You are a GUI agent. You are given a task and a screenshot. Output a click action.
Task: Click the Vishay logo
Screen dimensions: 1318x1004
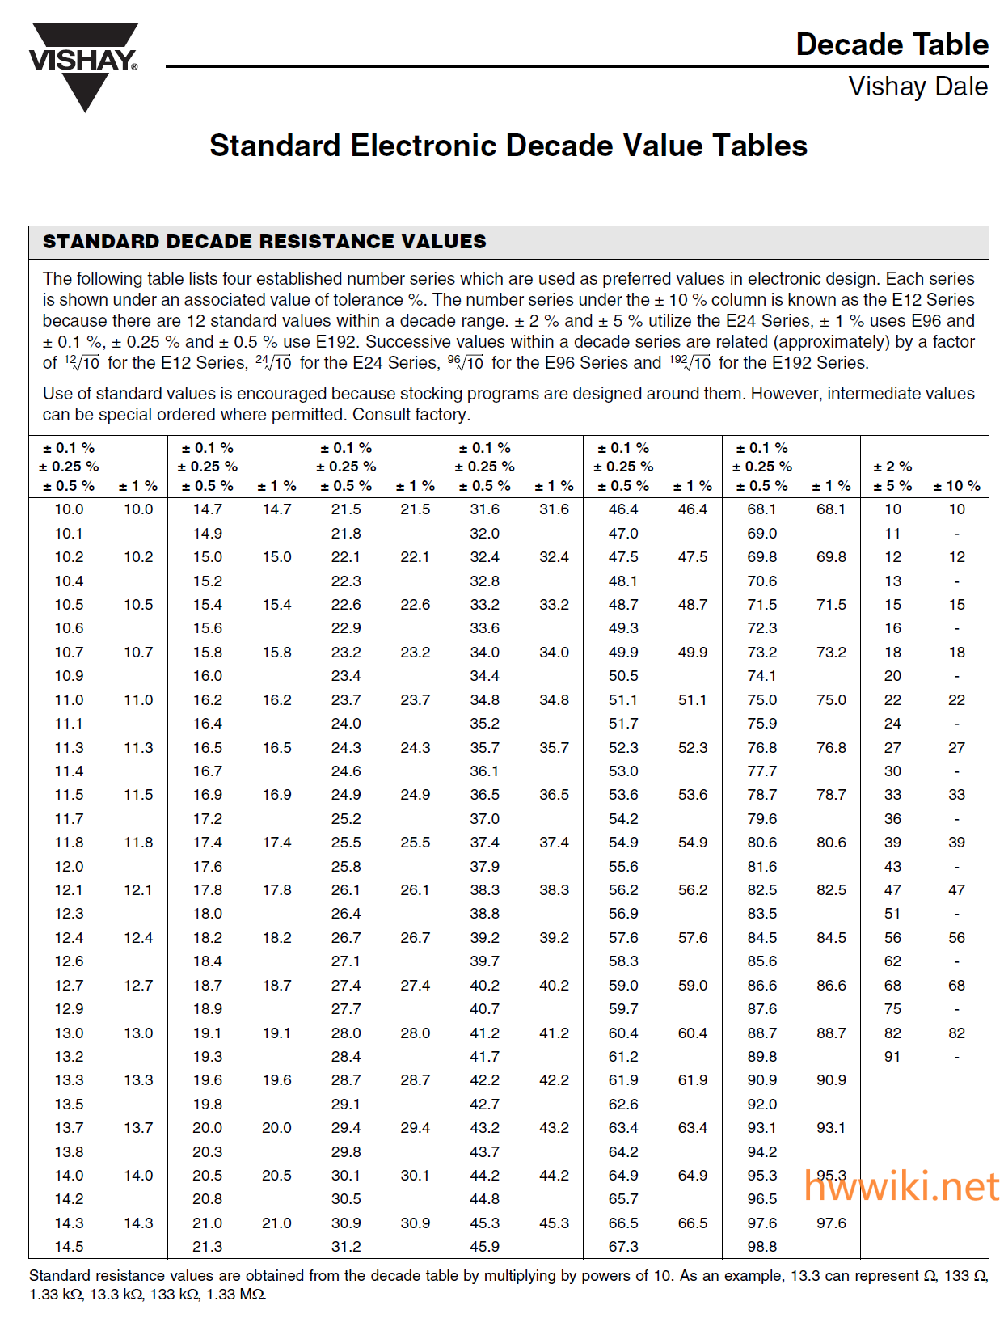tap(83, 64)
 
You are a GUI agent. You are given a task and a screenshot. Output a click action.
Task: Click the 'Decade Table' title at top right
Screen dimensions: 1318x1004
tap(892, 44)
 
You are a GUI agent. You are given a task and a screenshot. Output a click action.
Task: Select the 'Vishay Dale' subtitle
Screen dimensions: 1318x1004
tap(918, 87)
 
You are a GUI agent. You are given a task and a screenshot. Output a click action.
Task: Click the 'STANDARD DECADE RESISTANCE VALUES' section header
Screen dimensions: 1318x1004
tap(264, 242)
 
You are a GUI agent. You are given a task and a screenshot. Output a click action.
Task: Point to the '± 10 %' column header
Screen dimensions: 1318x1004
tap(956, 486)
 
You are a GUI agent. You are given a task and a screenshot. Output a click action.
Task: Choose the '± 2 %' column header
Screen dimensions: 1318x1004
tap(892, 467)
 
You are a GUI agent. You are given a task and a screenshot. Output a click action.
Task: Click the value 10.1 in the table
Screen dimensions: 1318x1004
tap(69, 534)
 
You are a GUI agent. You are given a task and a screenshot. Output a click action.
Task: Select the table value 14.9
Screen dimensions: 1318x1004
tap(208, 534)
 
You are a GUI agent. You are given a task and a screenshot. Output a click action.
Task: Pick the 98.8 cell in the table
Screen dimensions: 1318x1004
tap(761, 1247)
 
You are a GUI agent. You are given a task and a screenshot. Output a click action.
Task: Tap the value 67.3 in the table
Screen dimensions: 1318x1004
tap(623, 1247)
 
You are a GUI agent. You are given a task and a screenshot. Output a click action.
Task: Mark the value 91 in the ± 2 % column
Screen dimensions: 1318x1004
tap(892, 1057)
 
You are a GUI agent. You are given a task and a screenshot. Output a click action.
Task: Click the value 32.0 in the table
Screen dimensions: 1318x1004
tap(485, 534)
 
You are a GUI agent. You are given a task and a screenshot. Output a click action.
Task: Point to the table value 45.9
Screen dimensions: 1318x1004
tap(485, 1247)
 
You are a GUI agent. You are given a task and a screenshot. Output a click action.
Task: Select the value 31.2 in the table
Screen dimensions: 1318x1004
tap(346, 1247)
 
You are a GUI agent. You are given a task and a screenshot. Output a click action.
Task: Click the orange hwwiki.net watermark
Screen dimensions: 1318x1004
tap(901, 1187)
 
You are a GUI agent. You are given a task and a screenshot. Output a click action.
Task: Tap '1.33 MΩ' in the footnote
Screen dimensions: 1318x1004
tap(236, 1295)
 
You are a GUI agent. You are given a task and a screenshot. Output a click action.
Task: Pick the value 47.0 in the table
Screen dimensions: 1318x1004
tap(623, 534)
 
